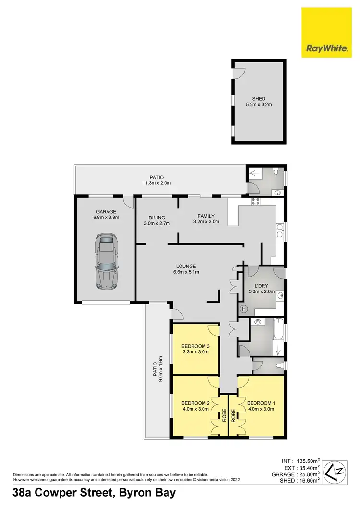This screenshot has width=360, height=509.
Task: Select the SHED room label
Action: [259, 102]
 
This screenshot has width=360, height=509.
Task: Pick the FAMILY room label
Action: [206, 219]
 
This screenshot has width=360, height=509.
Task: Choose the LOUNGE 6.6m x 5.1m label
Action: [186, 269]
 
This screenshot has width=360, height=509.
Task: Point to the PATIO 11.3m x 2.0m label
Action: [157, 180]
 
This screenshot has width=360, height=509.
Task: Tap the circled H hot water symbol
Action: [243, 309]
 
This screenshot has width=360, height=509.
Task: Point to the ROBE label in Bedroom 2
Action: [224, 414]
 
